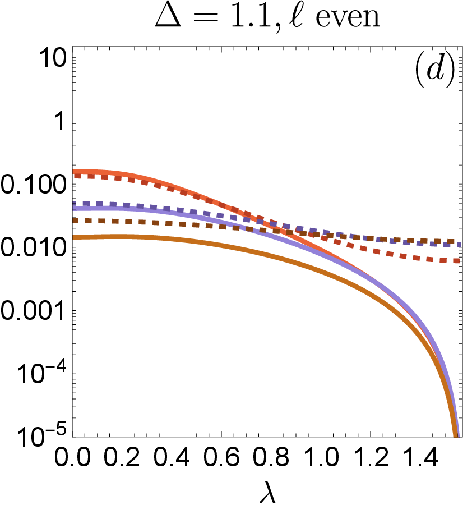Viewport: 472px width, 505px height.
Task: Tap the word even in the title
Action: (348, 19)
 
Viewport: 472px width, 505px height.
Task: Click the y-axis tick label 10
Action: (53, 59)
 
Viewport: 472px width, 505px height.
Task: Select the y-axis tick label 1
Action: (60, 122)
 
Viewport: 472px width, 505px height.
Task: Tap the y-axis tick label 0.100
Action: (33, 185)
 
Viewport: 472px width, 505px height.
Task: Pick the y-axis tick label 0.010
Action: (33, 249)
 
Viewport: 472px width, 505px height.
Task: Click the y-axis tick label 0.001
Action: (33, 312)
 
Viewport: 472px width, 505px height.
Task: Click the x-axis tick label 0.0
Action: (72, 457)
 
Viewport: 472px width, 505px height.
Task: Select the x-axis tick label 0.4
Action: (172, 457)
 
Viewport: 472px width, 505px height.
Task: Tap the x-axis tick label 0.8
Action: (271, 457)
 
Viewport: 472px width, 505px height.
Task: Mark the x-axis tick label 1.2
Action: (371, 457)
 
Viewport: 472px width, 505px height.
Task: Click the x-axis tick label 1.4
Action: (420, 457)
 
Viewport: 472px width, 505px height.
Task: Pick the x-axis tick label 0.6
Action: (221, 457)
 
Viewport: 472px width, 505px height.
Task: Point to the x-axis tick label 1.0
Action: (321, 457)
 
